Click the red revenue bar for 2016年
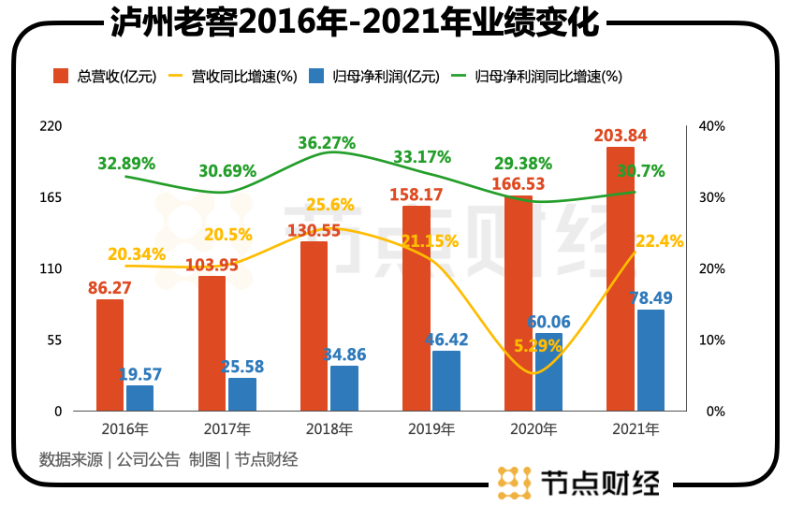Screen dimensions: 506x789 (110, 355)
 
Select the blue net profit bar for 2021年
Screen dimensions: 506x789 (650, 360)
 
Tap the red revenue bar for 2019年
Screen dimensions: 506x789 (416, 309)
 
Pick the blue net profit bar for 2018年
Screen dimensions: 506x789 (344, 388)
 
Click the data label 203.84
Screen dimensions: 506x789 (621, 137)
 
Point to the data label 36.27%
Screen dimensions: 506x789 (327, 144)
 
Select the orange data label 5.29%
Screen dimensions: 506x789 (537, 346)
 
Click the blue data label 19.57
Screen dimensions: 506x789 (140, 374)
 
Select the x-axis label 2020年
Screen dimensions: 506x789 (531, 430)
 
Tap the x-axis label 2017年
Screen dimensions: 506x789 (226, 430)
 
